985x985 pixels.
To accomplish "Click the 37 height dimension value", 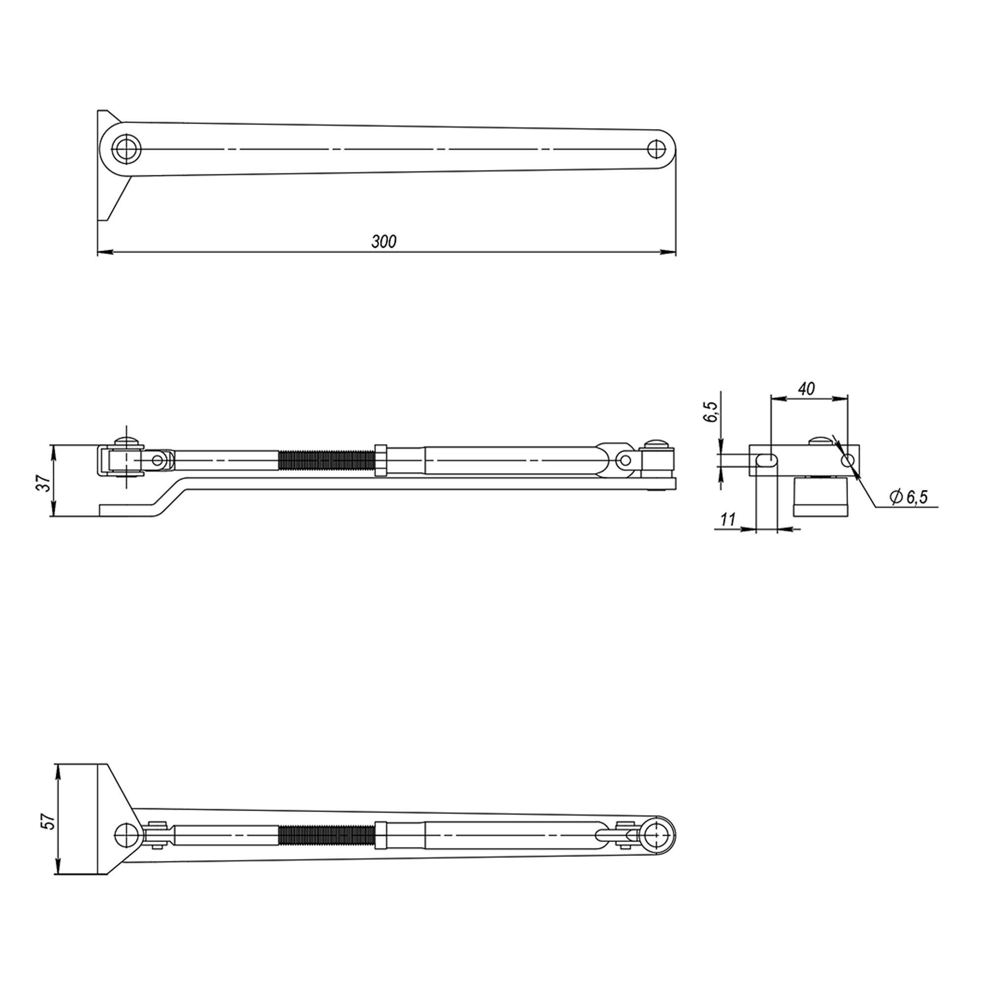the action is [46, 482].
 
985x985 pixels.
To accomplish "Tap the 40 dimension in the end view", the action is [806, 389].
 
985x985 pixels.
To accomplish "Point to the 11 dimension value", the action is [728, 519].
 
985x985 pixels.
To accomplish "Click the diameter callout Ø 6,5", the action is [909, 496].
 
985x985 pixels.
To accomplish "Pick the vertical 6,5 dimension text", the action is [710, 411].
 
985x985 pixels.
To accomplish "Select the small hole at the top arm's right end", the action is [657, 149].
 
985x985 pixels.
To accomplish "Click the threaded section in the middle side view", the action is [327, 461].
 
